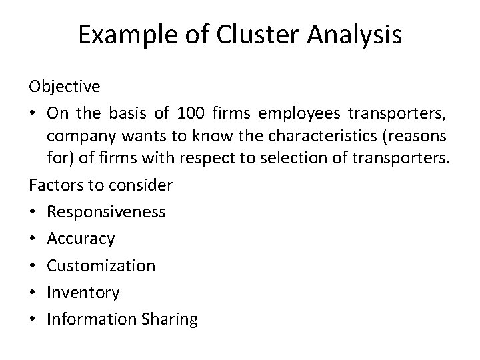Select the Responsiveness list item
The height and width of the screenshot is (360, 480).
click(106, 212)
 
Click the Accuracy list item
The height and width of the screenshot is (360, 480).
click(81, 239)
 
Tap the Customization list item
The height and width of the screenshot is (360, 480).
click(101, 265)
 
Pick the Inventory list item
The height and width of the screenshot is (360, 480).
click(83, 292)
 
